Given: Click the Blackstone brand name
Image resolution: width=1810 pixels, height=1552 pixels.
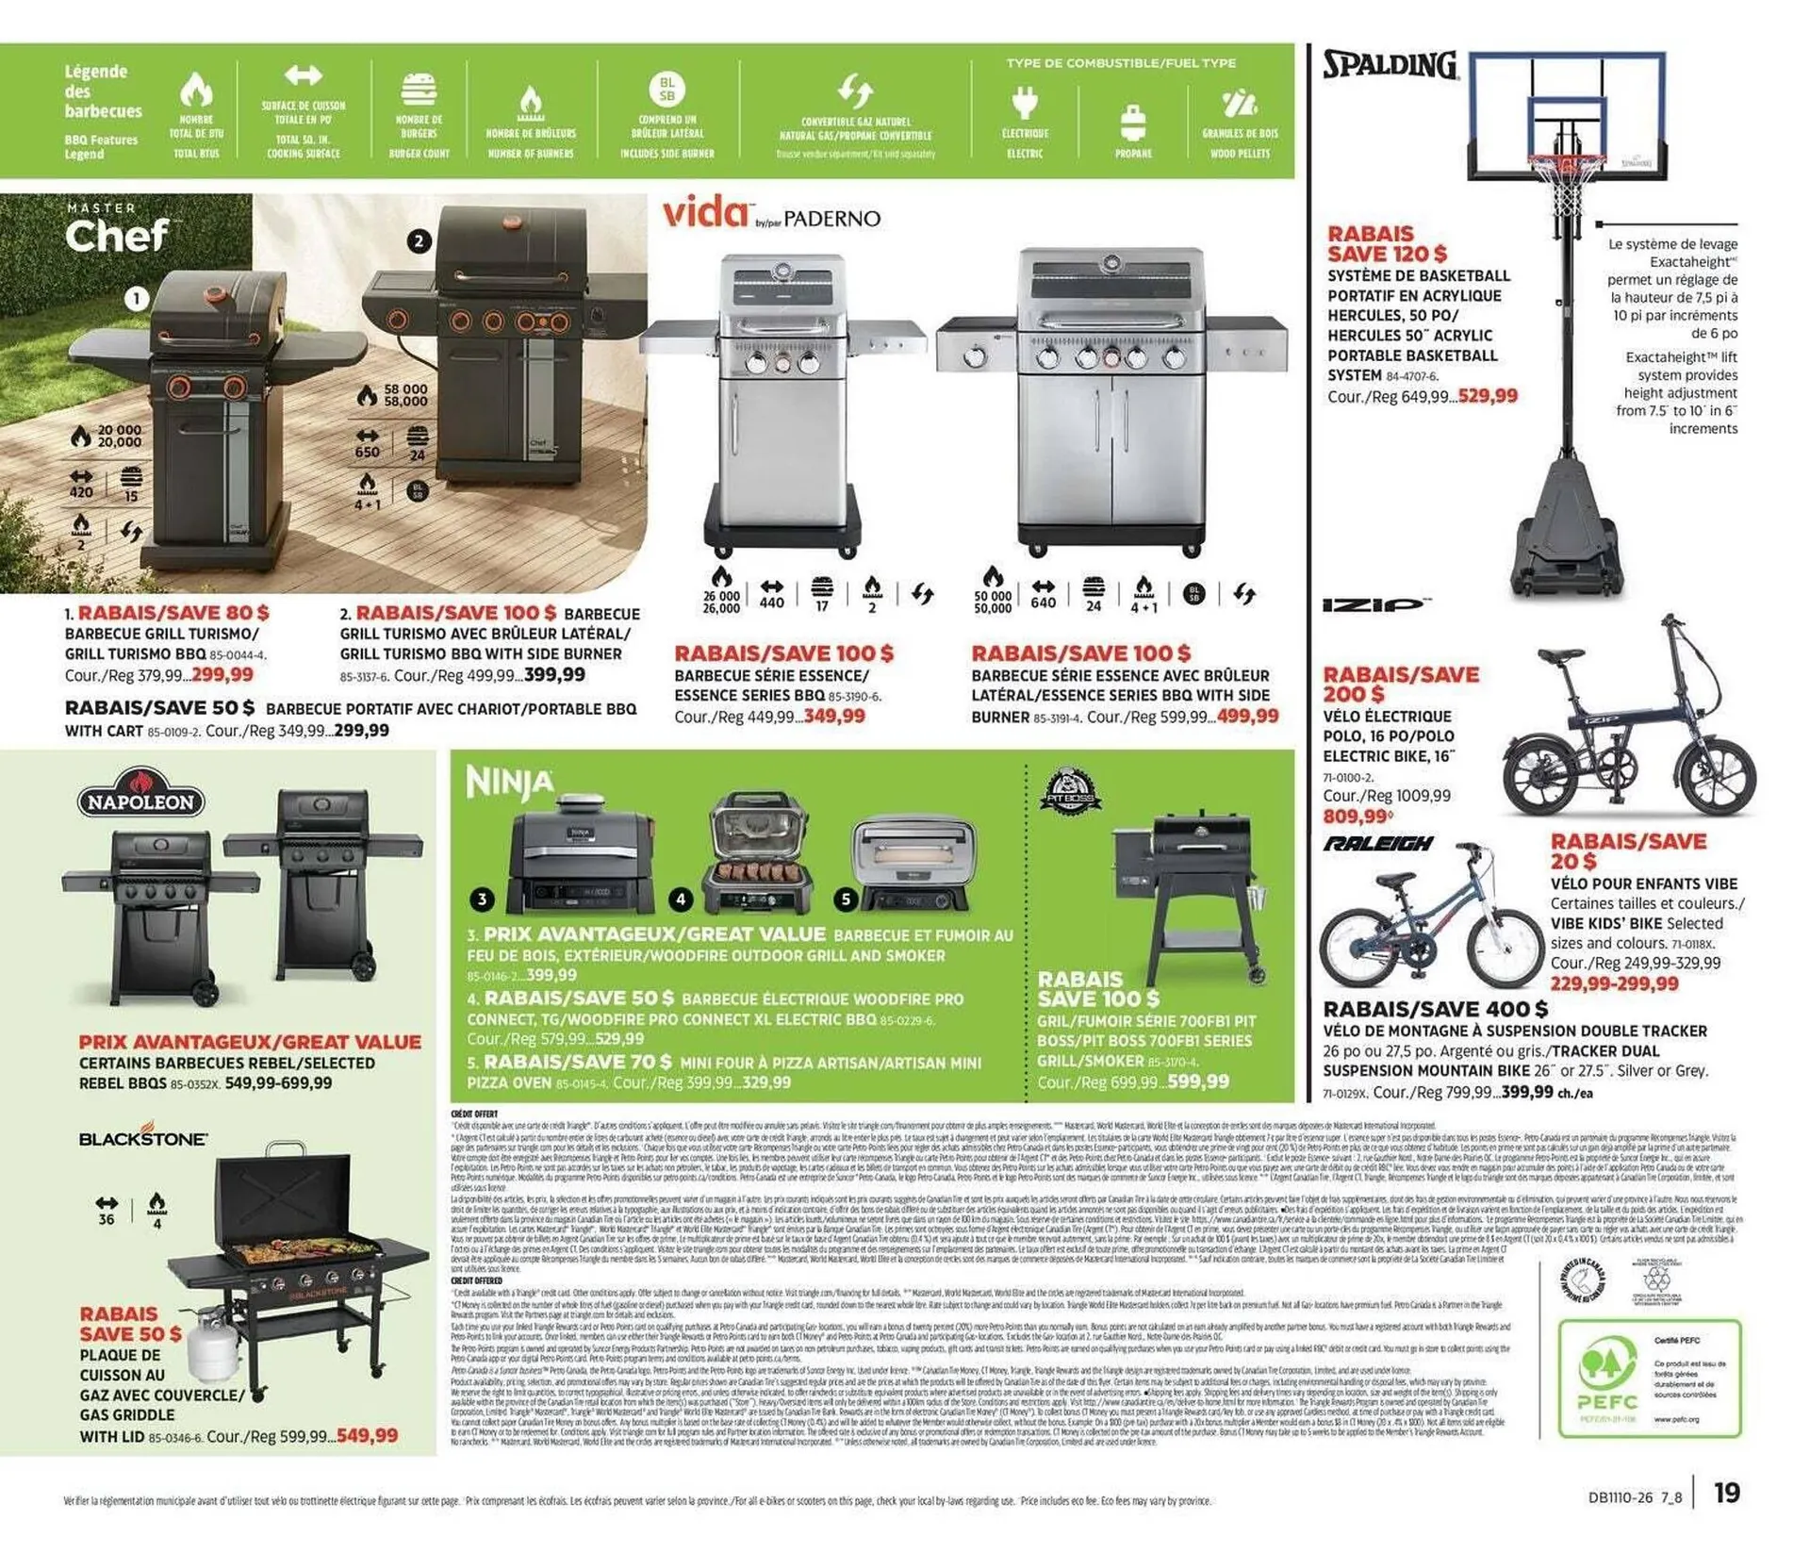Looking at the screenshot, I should [x=143, y=1138].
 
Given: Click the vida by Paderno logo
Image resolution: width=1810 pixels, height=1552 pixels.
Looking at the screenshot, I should [x=771, y=215].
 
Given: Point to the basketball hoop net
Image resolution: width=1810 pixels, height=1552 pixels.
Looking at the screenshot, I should [x=1567, y=189].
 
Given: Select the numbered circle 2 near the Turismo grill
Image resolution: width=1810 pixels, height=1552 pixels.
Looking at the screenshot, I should [x=419, y=240].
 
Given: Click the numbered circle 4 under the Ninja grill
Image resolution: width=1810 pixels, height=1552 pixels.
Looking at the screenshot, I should [x=680, y=900].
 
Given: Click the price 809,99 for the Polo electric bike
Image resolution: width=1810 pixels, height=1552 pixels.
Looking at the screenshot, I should [x=1357, y=817].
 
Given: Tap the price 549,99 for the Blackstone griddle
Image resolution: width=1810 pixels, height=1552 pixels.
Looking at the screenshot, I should [x=367, y=1435].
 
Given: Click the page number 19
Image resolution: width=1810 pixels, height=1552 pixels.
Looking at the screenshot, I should [x=1726, y=1493].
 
